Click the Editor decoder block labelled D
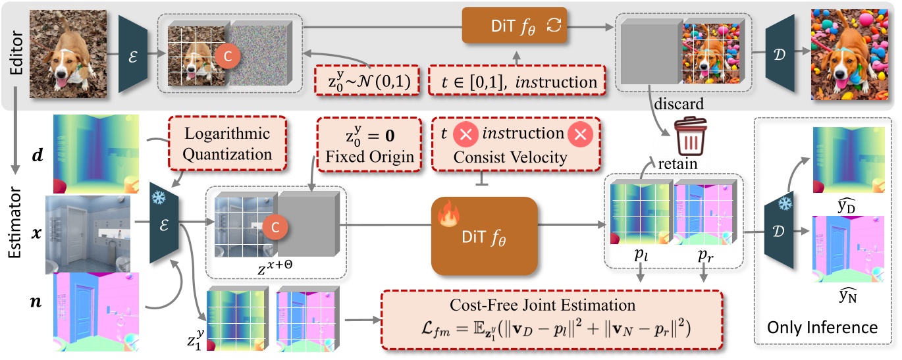[783, 55]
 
